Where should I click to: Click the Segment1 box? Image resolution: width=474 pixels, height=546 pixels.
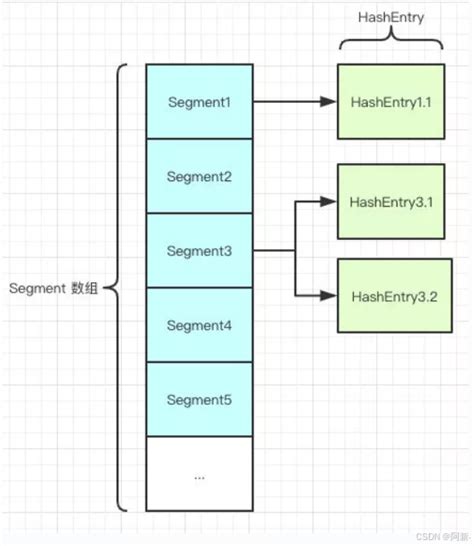pyautogui.click(x=199, y=102)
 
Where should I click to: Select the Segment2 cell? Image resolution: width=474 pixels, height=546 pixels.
pyautogui.click(x=199, y=176)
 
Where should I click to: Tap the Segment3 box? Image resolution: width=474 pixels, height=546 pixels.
pyautogui.click(x=199, y=250)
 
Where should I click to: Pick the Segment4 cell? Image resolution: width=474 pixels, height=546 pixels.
pyautogui.click(x=199, y=325)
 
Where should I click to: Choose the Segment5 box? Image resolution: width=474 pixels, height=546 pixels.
pyautogui.click(x=199, y=399)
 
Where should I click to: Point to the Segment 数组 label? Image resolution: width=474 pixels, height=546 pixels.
pyautogui.click(x=55, y=288)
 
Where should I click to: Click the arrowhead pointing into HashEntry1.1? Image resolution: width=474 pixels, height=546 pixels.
pyautogui.click(x=328, y=102)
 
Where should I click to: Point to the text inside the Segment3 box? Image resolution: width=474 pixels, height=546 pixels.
pyautogui.click(x=199, y=250)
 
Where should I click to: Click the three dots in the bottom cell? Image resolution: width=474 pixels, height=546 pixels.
pyautogui.click(x=199, y=476)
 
